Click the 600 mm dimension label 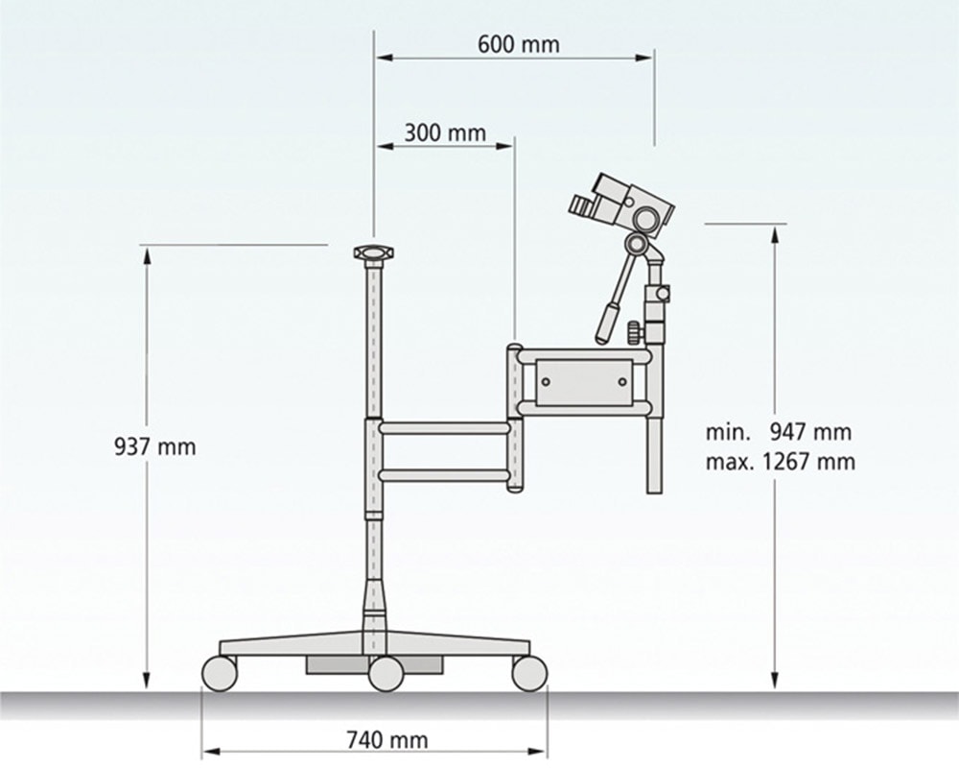coord(518,45)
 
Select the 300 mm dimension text coord(445,132)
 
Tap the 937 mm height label coord(155,446)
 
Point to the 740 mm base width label coord(387,740)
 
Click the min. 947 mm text coord(779,432)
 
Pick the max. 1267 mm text coord(781,461)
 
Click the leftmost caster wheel coord(219,673)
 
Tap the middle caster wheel coord(386,673)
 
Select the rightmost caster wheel coord(529,673)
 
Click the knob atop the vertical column coord(374,252)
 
